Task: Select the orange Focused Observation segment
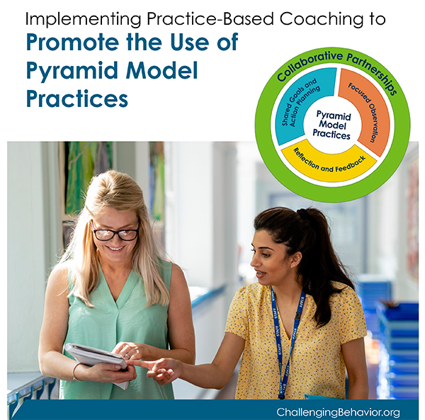[x=368, y=110]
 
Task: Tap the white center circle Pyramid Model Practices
[x=331, y=125]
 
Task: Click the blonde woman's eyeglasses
[x=115, y=232]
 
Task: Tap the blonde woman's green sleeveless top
[x=113, y=312]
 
